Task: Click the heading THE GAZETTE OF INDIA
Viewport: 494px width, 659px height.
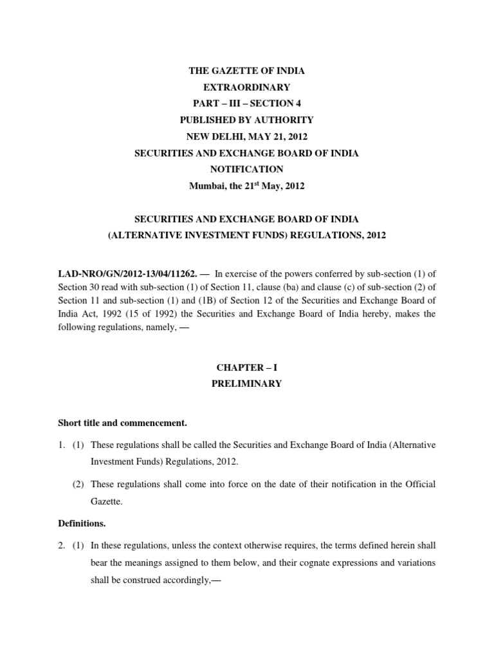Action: pyautogui.click(x=247, y=71)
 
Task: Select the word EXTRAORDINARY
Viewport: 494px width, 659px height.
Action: pyautogui.click(x=247, y=87)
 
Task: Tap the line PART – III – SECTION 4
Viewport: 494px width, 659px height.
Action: pyautogui.click(x=247, y=104)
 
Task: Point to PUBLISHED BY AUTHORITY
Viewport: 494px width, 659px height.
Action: pyautogui.click(x=247, y=120)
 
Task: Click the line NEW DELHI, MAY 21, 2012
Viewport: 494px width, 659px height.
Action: pyautogui.click(x=247, y=136)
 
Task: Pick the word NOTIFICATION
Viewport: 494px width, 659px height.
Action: pyautogui.click(x=247, y=169)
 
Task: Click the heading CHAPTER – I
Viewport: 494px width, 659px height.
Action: pyautogui.click(x=247, y=367)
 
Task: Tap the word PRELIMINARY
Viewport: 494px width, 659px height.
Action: pyautogui.click(x=247, y=384)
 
